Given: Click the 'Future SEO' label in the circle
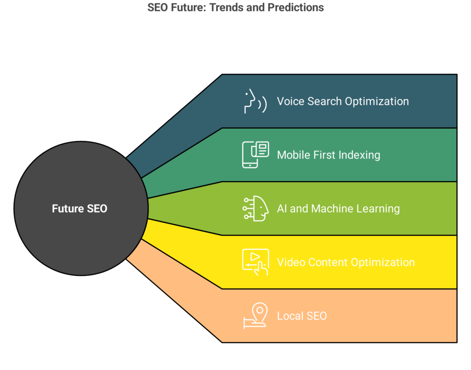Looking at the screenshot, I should tap(80, 208).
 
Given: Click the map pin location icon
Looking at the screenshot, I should tap(255, 316).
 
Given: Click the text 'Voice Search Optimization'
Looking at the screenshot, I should tap(343, 102).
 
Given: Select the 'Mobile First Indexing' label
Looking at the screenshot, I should tap(328, 155).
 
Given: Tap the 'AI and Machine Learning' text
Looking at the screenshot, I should tap(338, 209).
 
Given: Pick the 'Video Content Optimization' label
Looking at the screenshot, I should tap(345, 262).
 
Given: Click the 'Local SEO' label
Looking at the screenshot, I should tap(302, 316).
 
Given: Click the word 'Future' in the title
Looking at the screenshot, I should tap(188, 8).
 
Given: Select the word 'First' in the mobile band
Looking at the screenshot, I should tap(324, 155).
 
